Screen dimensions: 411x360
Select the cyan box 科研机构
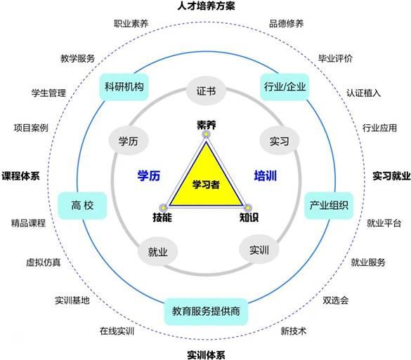pyautogui.click(x=124, y=87)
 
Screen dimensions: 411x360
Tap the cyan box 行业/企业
pyautogui.click(x=285, y=87)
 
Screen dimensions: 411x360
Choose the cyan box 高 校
pyautogui.click(x=82, y=206)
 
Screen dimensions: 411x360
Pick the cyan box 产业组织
pyautogui.click(x=329, y=206)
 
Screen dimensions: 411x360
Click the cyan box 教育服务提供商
pyautogui.click(x=206, y=312)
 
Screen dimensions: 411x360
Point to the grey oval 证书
pyautogui.click(x=206, y=91)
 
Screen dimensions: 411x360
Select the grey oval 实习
pyautogui.click(x=280, y=141)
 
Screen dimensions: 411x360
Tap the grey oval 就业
pyautogui.click(x=158, y=252)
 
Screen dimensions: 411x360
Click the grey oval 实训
pyautogui.click(x=259, y=250)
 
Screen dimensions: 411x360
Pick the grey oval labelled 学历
pyautogui.click(x=129, y=141)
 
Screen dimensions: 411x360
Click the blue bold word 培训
pyautogui.click(x=266, y=175)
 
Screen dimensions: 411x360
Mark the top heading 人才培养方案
pyautogui.click(x=206, y=6)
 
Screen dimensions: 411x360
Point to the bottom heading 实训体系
pyautogui.click(x=206, y=355)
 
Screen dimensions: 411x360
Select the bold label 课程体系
pyautogui.click(x=20, y=175)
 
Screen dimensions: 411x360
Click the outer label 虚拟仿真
pyautogui.click(x=44, y=262)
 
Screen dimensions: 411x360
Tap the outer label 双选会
pyautogui.click(x=336, y=300)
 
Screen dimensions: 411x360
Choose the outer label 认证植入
pyautogui.click(x=363, y=93)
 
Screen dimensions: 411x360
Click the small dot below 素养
pyautogui.click(x=207, y=134)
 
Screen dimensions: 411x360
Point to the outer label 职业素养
pyautogui.click(x=131, y=24)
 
